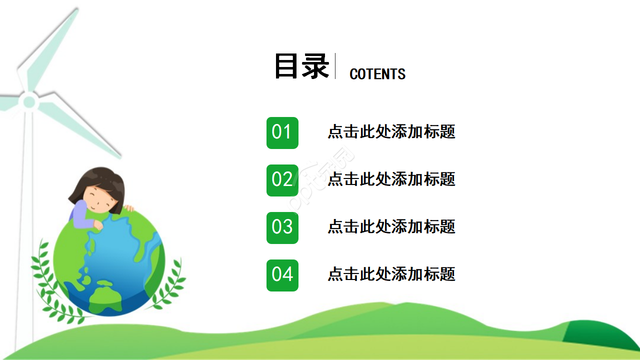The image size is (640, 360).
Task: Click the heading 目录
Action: tap(301, 66)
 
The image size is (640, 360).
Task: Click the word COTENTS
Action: tap(377, 74)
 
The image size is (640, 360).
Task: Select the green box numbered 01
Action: tap(282, 132)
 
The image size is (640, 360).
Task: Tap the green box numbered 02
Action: tap(282, 180)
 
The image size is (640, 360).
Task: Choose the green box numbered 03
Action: tap(282, 227)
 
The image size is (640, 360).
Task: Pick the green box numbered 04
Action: tap(282, 275)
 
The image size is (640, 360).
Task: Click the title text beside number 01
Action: tap(391, 132)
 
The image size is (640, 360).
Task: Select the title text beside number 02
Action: tap(391, 179)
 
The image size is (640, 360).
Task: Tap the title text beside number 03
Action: tap(391, 226)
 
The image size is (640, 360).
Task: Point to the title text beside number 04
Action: tap(391, 274)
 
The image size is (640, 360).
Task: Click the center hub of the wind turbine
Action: tap(29, 102)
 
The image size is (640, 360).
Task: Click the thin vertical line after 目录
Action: tap(335, 66)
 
